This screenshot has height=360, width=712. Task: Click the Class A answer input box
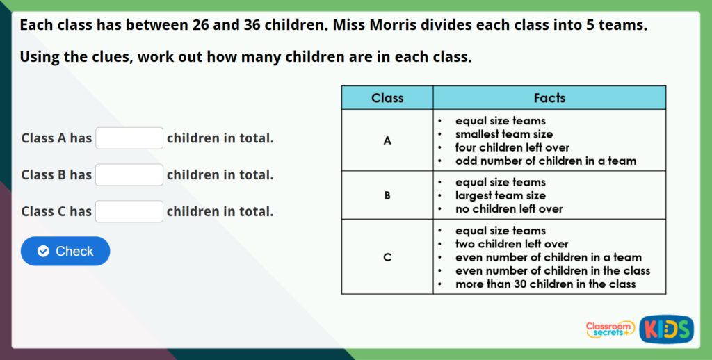point(129,138)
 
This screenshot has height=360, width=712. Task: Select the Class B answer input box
point(129,175)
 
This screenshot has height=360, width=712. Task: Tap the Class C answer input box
point(129,211)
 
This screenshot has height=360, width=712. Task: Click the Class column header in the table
point(387,98)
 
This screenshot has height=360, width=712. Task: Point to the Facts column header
point(549,98)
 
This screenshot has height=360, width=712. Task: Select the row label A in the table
point(387,140)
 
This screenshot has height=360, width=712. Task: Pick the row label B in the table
point(387,195)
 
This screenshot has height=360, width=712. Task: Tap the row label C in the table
point(387,257)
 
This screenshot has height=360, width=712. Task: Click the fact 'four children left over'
point(512,147)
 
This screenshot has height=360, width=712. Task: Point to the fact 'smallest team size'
point(504,134)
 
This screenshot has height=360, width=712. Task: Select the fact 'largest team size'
point(501,195)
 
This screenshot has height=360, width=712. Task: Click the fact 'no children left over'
point(509,208)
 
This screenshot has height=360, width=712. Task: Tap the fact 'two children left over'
point(512,244)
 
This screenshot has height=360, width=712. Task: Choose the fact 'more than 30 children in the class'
point(545,284)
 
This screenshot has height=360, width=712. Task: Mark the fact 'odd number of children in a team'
point(545,161)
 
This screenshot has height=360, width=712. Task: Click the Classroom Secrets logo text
point(610,329)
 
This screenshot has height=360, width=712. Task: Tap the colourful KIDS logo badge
point(666,329)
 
